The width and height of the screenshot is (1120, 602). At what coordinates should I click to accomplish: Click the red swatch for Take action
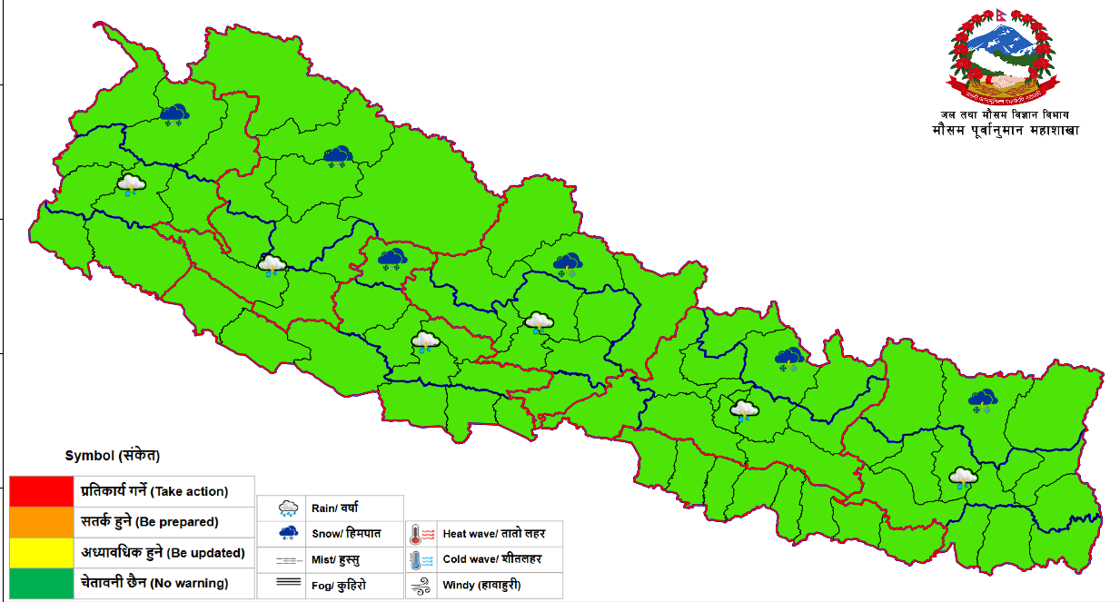pos(41,491)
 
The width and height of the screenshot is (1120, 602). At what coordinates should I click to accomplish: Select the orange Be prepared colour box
pos(41,522)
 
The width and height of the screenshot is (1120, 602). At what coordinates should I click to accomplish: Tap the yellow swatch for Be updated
pos(41,552)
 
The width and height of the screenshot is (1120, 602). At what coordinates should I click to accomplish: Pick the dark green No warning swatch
pos(41,583)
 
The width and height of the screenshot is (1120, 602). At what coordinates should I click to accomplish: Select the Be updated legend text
pos(163,552)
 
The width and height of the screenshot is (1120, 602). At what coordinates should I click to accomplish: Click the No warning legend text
pos(154,583)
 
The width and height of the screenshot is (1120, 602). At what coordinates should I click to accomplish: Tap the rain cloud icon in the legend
pos(289,508)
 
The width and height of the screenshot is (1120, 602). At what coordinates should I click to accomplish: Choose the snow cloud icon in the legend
pos(289,533)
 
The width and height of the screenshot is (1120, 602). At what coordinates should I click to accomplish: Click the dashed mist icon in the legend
pos(289,560)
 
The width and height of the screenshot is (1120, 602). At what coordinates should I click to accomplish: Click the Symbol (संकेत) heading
pos(106,456)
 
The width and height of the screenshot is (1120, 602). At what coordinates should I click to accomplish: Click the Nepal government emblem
pos(1004,58)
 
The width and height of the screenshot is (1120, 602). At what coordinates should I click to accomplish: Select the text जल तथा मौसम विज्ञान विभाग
pos(1005,114)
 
